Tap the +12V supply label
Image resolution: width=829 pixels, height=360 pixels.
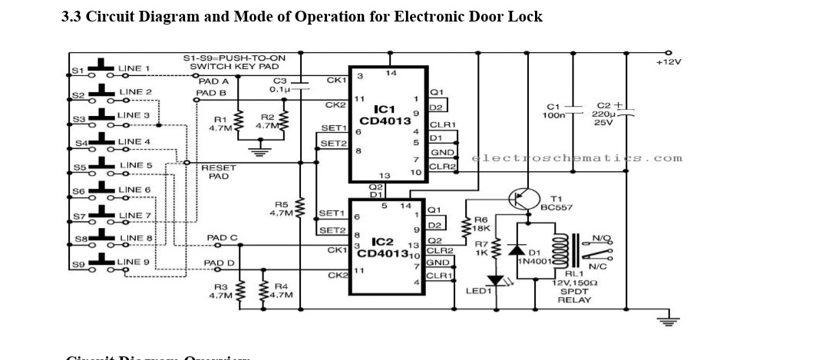click(668, 61)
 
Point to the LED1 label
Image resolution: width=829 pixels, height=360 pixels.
click(478, 291)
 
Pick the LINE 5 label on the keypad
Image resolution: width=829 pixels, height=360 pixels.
click(136, 165)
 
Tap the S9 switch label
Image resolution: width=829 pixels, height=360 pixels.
click(78, 265)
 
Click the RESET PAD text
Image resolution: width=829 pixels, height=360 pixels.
click(218, 171)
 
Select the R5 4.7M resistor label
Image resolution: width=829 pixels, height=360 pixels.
click(281, 209)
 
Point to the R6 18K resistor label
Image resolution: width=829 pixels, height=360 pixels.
click(482, 223)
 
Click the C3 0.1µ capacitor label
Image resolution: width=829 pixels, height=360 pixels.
click(279, 84)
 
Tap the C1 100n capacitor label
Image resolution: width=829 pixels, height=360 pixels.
click(553, 111)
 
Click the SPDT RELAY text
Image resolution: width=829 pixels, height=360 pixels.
click(574, 296)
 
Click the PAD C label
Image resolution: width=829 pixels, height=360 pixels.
click(222, 238)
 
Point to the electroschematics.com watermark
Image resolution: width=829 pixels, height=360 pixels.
click(576, 158)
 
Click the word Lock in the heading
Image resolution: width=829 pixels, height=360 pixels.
click(525, 16)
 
